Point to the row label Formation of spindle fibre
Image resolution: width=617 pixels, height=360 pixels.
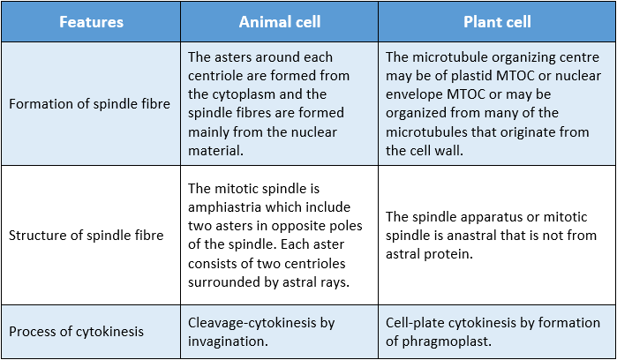click(x=89, y=104)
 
